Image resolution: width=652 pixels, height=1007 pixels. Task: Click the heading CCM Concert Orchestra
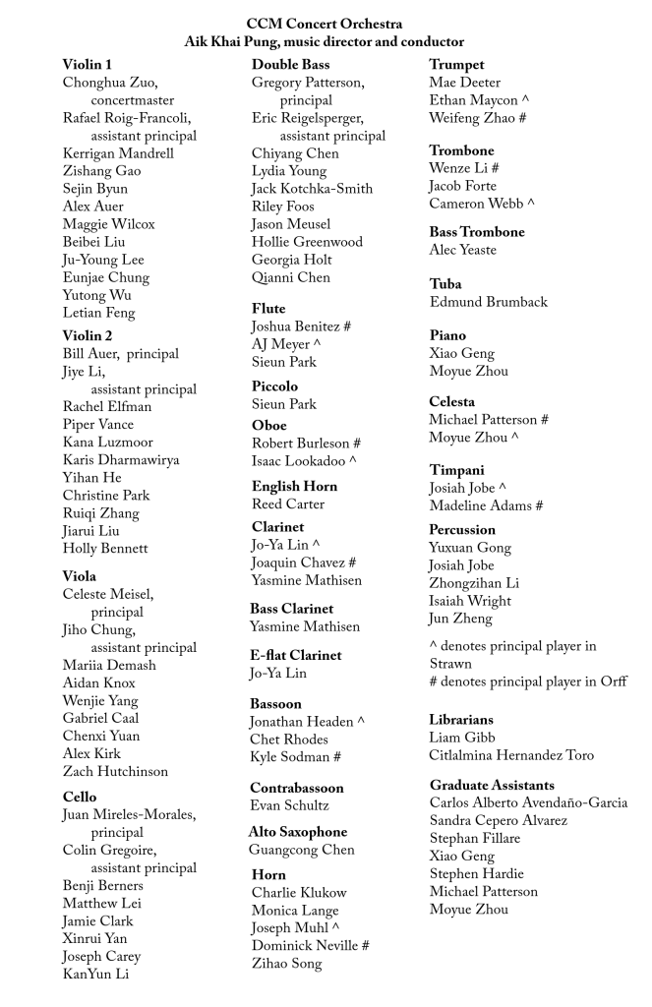tap(324, 23)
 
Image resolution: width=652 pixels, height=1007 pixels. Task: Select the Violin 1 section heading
tap(88, 64)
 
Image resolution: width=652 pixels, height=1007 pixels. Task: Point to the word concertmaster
tap(133, 100)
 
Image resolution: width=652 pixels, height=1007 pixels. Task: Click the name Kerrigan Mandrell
tap(118, 153)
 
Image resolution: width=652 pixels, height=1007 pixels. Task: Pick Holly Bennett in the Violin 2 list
tap(105, 549)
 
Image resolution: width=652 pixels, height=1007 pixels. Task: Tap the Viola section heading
tap(80, 576)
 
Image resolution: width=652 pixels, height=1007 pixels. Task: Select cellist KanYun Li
tap(95, 975)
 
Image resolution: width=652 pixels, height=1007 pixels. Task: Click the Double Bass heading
tap(291, 64)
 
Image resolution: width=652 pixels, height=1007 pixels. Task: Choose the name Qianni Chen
tap(291, 277)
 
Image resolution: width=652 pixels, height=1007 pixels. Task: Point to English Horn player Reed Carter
tap(287, 504)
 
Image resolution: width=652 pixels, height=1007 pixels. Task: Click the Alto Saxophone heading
tap(298, 832)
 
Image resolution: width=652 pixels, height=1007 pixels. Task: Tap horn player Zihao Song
tap(286, 964)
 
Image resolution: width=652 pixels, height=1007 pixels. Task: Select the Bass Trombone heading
tap(477, 232)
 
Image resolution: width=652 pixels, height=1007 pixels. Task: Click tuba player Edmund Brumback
tap(489, 302)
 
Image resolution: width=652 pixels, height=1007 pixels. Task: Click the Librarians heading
tap(461, 720)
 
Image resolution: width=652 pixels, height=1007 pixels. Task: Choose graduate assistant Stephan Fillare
tap(475, 839)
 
